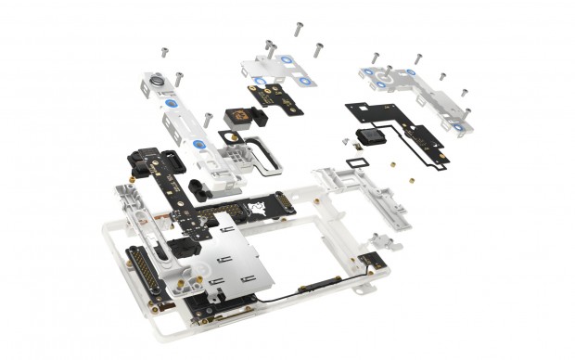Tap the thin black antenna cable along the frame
[x=306, y=297]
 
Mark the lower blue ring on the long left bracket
[x=198, y=146]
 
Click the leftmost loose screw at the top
[x=163, y=48]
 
